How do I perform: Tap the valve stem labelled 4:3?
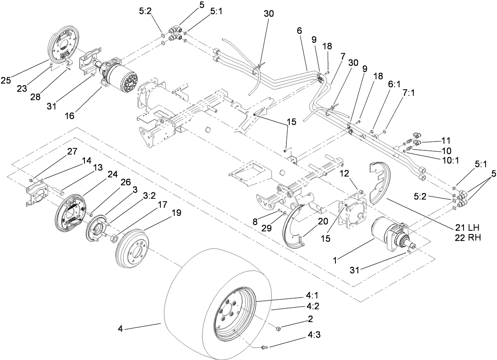264,347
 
